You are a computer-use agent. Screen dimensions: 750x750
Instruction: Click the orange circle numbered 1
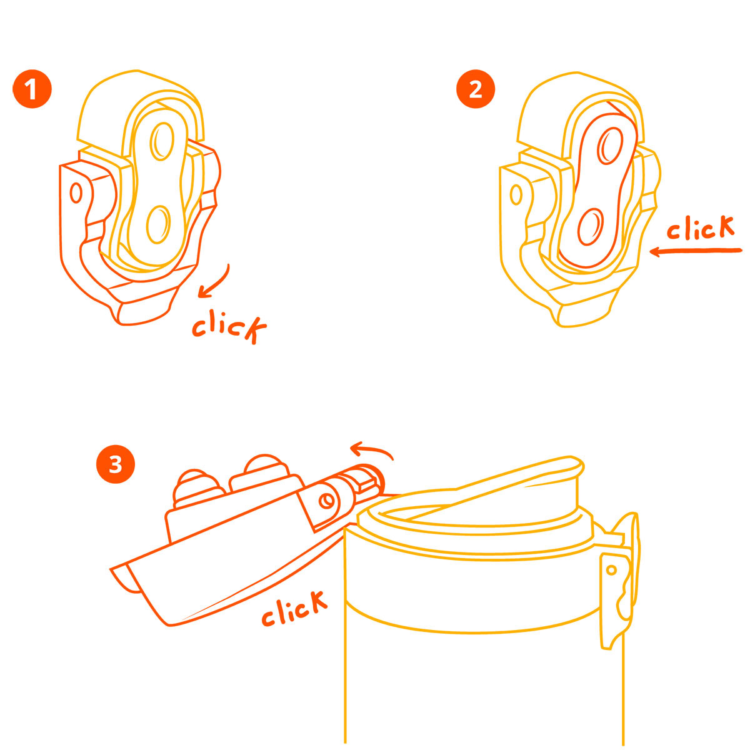32,89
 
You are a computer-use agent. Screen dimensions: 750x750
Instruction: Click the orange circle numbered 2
475,89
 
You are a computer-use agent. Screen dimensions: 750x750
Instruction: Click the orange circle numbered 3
115,464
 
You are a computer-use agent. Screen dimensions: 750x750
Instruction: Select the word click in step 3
294,608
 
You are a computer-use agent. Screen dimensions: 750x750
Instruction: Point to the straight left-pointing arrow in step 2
696,251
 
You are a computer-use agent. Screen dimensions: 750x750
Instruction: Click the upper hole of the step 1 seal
162,141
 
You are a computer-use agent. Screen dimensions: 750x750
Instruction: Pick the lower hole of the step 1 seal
158,224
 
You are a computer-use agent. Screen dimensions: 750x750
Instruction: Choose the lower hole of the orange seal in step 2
591,227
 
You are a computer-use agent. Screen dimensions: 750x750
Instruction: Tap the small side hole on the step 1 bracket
76,192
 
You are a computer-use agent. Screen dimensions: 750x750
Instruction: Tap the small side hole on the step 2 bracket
516,194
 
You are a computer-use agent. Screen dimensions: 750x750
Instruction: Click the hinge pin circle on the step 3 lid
326,501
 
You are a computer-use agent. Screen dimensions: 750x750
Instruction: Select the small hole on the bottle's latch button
611,571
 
